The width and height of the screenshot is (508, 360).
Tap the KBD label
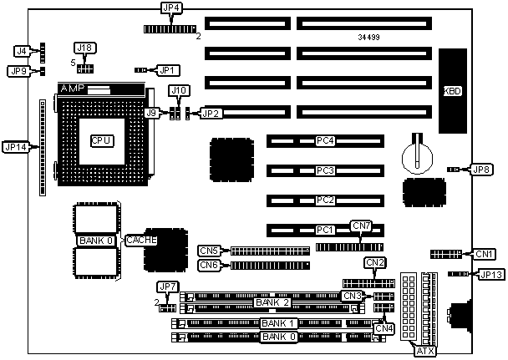pyautogui.click(x=454, y=90)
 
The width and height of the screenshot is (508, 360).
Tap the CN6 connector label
pyautogui.click(x=209, y=266)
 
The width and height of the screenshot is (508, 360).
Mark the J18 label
pyautogui.click(x=85, y=48)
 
